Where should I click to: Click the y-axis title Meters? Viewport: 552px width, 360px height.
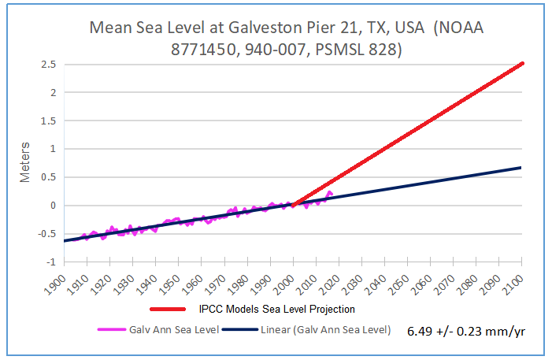pos(24,162)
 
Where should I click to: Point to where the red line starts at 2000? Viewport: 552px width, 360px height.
pos(293,205)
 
